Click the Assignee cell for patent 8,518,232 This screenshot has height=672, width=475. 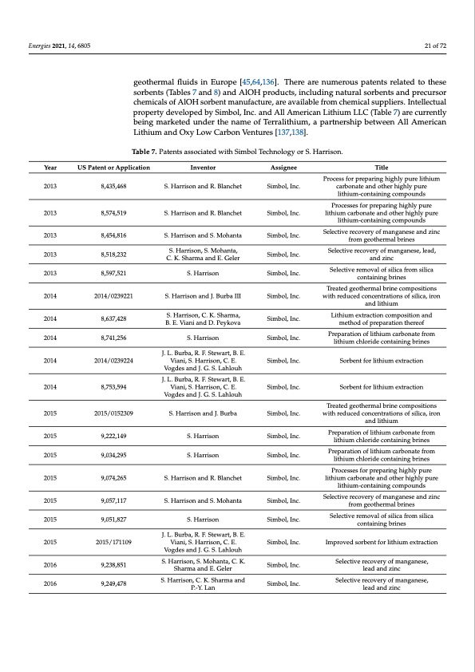(x=282, y=254)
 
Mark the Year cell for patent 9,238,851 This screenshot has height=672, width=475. (x=50, y=563)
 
